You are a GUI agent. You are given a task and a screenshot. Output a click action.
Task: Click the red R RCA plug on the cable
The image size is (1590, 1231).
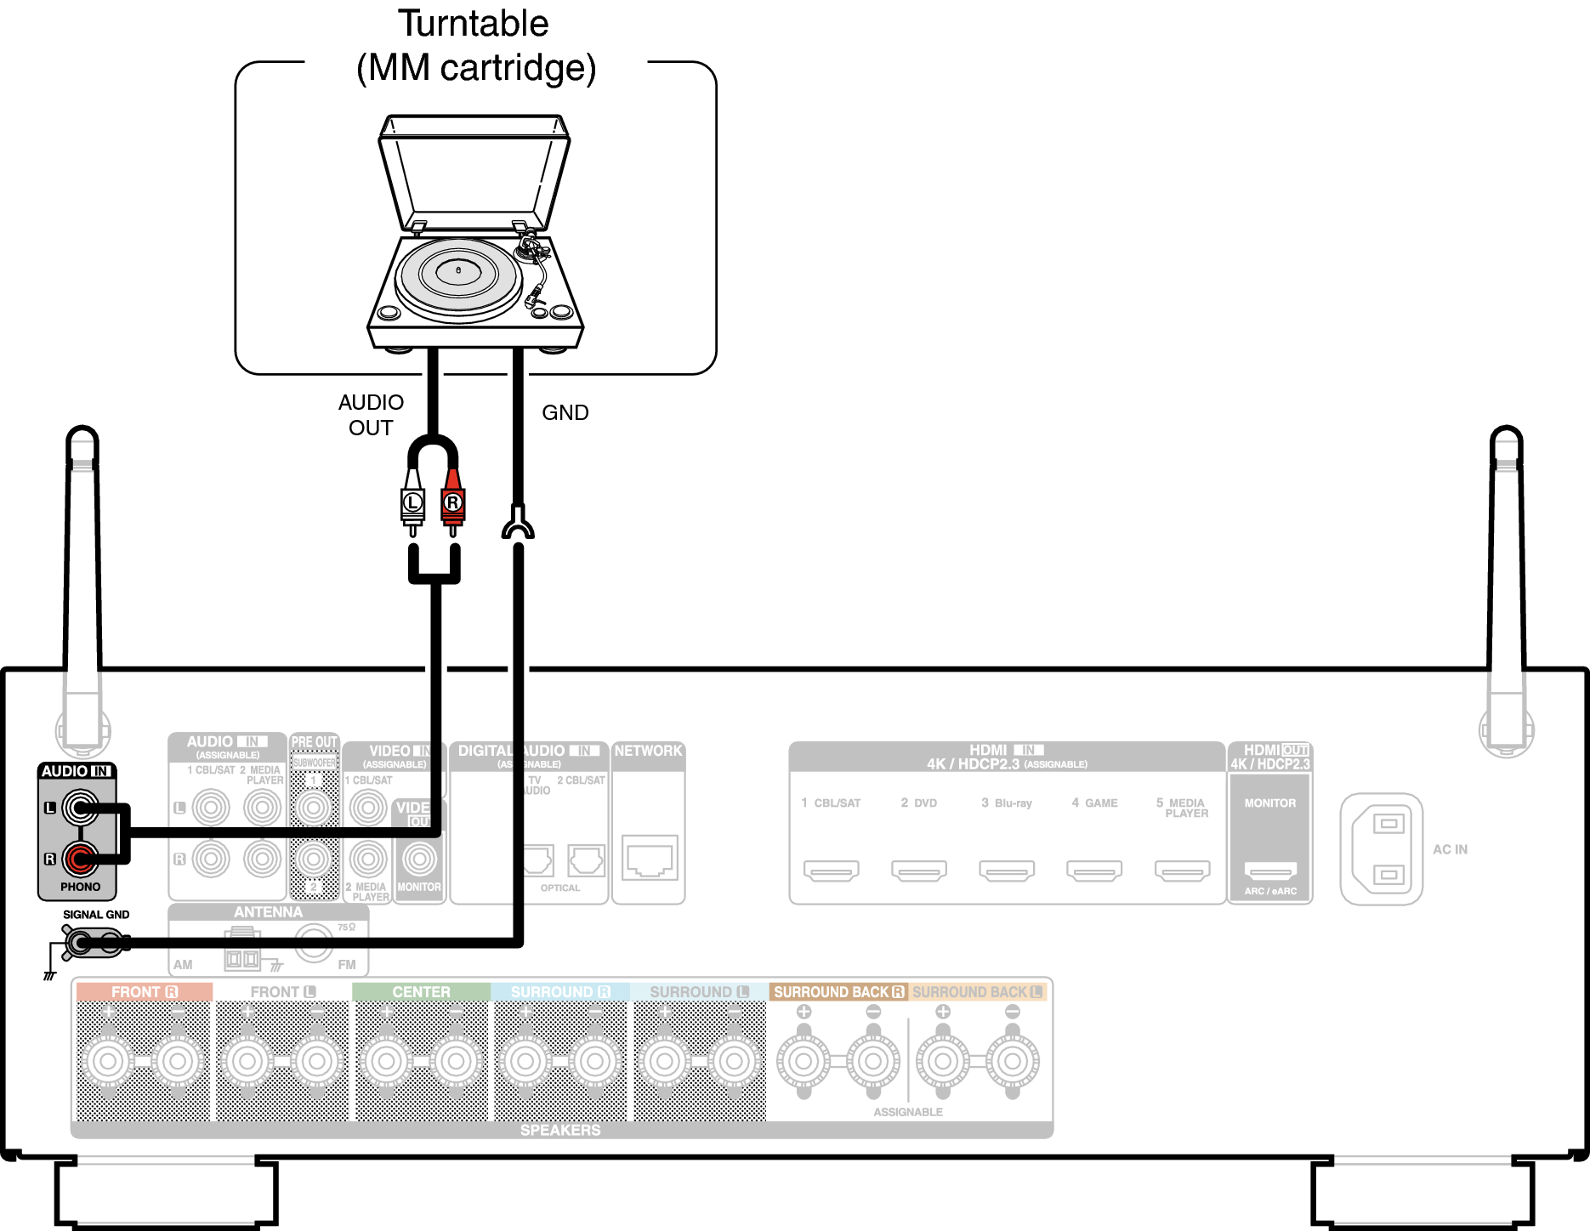453,502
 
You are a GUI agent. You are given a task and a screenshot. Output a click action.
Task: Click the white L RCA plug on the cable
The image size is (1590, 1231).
412,502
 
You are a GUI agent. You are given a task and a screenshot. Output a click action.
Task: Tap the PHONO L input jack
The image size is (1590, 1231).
81,808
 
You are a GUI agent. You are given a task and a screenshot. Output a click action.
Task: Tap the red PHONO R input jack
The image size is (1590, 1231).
81,859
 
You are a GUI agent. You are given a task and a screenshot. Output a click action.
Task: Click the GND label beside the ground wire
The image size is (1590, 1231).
565,413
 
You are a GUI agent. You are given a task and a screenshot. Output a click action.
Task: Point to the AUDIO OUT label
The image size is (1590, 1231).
371,415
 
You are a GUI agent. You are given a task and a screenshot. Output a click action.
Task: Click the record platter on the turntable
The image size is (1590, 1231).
458,274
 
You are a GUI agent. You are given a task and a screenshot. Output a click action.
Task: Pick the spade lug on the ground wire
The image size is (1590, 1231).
518,523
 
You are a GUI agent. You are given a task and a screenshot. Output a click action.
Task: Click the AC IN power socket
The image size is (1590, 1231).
1382,849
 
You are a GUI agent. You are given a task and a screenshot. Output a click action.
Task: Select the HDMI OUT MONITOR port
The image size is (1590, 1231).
1270,870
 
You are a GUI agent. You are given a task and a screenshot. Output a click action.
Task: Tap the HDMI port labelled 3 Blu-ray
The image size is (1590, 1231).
1007,870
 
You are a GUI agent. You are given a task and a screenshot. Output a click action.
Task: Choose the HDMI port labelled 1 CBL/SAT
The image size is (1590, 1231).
832,870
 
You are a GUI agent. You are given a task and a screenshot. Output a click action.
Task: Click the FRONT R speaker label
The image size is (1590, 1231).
144,992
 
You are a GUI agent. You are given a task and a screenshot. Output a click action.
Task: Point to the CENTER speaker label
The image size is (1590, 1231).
421,992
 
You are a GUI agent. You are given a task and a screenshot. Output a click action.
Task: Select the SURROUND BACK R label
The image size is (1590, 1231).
838,992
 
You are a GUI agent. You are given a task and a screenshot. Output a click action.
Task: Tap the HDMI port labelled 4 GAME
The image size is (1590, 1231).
1094,870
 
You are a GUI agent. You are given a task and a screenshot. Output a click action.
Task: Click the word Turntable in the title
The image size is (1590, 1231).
474,24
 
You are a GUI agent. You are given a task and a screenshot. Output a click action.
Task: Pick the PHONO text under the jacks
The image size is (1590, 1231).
80,887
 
